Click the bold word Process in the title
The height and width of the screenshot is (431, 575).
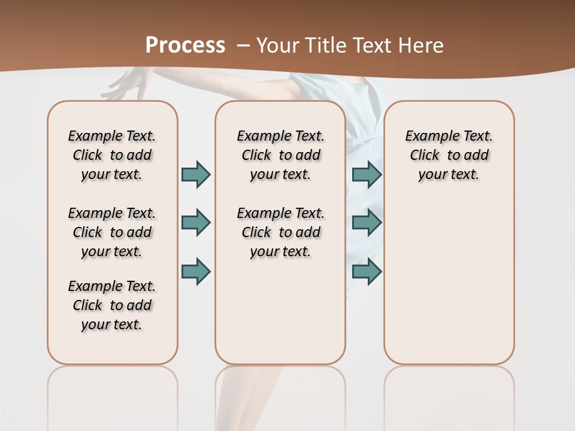click(x=186, y=45)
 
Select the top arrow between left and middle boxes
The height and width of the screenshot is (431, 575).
click(x=196, y=174)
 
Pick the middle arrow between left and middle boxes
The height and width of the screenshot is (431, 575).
click(x=196, y=223)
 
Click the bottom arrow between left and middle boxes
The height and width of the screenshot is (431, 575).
click(x=196, y=272)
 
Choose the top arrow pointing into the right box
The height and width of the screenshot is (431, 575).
click(x=367, y=174)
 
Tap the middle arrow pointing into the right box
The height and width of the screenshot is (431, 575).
click(x=367, y=223)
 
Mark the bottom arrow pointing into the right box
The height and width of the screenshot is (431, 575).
click(x=367, y=272)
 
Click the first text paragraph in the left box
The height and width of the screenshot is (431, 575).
click(x=112, y=155)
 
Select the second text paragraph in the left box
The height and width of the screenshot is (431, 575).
click(x=112, y=232)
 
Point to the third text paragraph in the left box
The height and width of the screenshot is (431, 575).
click(x=112, y=305)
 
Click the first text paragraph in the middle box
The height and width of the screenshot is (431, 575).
click(x=280, y=155)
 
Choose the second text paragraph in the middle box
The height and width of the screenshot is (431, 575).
click(x=280, y=232)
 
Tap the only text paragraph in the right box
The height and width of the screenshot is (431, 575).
click(x=449, y=155)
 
